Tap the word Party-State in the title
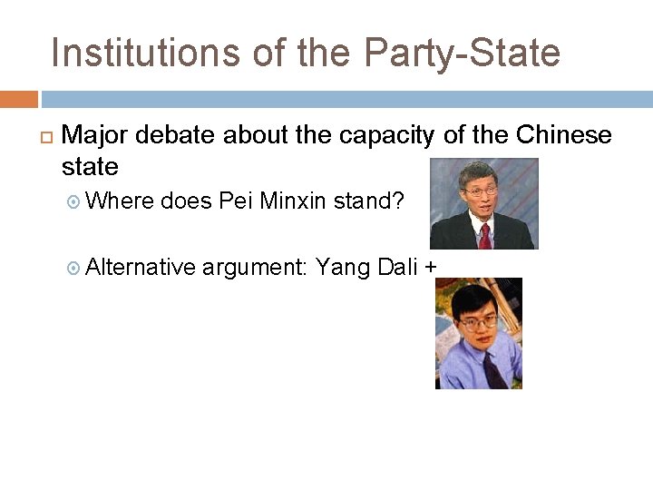click(462, 53)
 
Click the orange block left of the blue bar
click(18, 99)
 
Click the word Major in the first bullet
click(95, 136)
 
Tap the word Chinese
click(564, 136)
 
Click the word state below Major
click(90, 167)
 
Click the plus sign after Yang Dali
click(430, 268)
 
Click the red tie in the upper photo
click(485, 236)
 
